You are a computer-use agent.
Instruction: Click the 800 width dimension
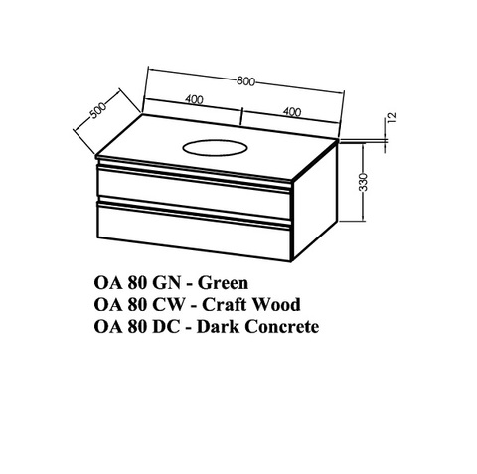pos(245,81)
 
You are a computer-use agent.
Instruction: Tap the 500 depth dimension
pos(98,110)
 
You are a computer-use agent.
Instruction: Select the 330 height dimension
pos(364,182)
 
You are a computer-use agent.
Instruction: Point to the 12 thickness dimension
pos(392,117)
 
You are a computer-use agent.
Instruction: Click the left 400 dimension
pos(194,99)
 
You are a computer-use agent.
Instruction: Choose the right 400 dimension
pos(292,112)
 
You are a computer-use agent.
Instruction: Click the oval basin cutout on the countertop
pos(215,147)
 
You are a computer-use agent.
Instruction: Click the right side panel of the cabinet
pos(315,199)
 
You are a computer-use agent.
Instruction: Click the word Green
pos(223,283)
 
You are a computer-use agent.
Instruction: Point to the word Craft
pos(224,304)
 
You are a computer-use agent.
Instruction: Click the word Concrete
pos(281,327)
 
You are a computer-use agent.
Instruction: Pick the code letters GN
pos(167,283)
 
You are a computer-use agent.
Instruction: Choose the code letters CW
pos(169,304)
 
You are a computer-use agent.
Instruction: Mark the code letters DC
pos(166,327)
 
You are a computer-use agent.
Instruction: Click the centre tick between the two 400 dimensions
pos(241,116)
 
